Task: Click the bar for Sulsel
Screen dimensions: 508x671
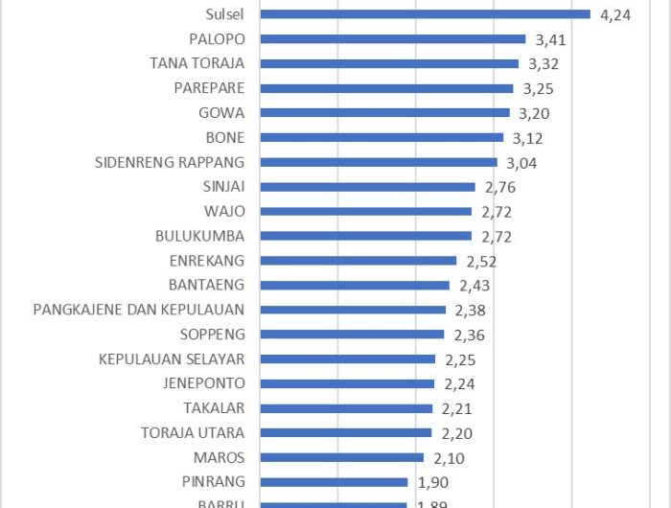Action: [x=425, y=14]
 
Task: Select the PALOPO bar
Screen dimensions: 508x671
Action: [x=393, y=39]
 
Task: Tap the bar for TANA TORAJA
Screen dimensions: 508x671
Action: [x=389, y=63]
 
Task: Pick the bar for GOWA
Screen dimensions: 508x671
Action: [x=384, y=113]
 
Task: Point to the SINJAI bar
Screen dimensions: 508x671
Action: [x=367, y=187]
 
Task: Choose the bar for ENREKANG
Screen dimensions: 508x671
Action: [x=359, y=261]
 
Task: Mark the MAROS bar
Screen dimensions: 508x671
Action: [x=342, y=457]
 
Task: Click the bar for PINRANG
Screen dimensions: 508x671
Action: [x=335, y=482]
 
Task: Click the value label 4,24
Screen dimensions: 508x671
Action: [x=615, y=15]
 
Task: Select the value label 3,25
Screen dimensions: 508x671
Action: [x=539, y=89]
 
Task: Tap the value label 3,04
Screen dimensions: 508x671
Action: [x=522, y=163]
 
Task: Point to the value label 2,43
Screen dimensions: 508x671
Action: [x=474, y=286]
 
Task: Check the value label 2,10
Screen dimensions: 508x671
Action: [x=449, y=458]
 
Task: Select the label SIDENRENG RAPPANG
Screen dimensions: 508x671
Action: [x=171, y=162]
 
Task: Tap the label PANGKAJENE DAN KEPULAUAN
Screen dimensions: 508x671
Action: [x=139, y=310]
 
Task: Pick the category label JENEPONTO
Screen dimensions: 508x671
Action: [x=205, y=383]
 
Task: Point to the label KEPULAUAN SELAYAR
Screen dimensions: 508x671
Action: [x=172, y=359]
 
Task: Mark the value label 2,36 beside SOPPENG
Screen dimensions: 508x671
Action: [x=470, y=335]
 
